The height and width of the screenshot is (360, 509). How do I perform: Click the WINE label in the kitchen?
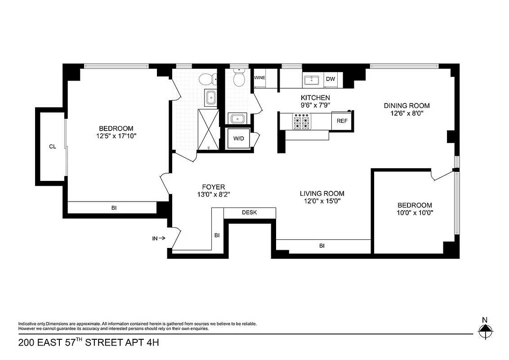259,78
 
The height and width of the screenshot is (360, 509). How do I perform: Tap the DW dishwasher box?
330,79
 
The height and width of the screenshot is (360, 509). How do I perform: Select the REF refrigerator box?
342,121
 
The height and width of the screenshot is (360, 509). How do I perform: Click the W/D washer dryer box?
238,139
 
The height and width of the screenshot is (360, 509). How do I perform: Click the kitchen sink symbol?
311,80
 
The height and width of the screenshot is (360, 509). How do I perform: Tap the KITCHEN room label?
315,98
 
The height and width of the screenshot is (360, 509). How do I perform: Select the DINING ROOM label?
406,106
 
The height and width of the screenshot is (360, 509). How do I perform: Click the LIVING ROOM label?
322,193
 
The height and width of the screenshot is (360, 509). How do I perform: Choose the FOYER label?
213,187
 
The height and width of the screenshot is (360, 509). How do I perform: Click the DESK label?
249,212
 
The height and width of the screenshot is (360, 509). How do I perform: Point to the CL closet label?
53,146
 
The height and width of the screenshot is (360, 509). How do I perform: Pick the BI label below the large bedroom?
114,208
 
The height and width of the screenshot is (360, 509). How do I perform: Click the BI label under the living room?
322,246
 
